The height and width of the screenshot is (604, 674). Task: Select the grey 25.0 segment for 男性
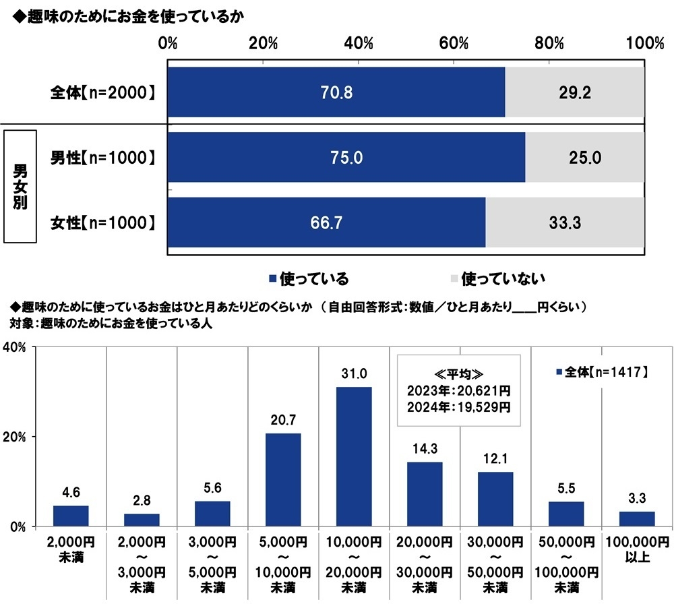(x=584, y=158)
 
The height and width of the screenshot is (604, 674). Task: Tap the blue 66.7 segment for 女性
(x=326, y=223)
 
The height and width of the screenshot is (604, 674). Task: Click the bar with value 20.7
(x=283, y=479)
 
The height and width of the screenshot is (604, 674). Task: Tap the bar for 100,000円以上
(x=637, y=518)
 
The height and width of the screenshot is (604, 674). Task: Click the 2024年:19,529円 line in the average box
(x=458, y=407)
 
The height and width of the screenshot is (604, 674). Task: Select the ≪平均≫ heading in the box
(x=458, y=373)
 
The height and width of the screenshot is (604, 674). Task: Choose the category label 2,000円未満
(x=71, y=547)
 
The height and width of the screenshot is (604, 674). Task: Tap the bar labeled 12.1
(x=495, y=499)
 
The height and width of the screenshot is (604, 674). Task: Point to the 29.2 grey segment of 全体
(x=575, y=93)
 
